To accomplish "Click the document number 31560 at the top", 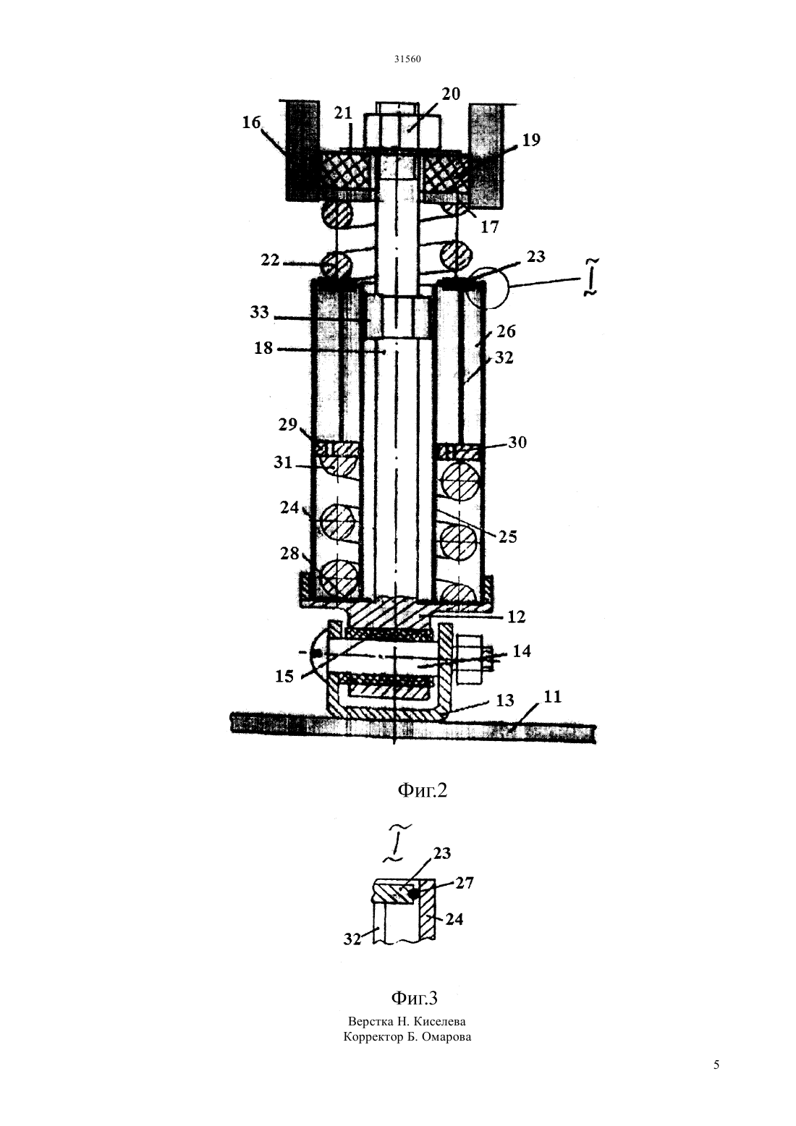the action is (407, 59).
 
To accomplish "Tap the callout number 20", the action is (450, 93).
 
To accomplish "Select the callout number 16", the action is (252, 122).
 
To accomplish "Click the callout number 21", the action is (343, 113).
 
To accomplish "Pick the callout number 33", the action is (259, 312).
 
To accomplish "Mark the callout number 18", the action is (263, 347).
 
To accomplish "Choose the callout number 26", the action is (506, 331).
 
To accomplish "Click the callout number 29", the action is (288, 424).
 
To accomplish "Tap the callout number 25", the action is (507, 536).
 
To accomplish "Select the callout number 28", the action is (289, 554).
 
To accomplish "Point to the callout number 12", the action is (516, 617).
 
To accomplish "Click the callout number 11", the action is (552, 697).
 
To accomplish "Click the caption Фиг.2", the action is (422, 791).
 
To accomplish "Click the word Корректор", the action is (371, 1036).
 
